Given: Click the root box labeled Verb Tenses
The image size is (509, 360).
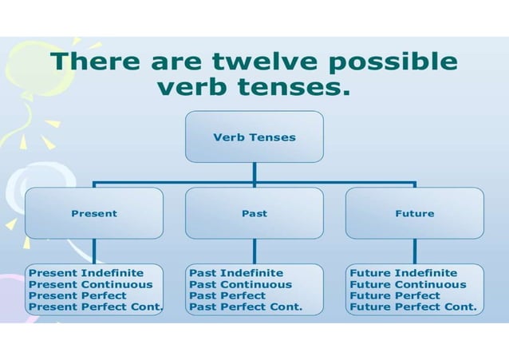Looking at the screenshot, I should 254,136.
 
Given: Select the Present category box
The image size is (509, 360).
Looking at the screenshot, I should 94,213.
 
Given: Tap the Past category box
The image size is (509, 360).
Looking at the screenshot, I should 254,213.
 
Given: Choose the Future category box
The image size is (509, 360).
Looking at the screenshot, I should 414,213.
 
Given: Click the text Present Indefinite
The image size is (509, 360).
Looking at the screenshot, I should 75,273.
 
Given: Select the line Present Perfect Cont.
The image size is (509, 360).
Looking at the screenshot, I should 95,307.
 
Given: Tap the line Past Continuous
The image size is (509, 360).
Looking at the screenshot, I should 240,284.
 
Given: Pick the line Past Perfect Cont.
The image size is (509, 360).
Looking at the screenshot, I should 246,307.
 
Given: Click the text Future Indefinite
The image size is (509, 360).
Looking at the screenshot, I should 404,273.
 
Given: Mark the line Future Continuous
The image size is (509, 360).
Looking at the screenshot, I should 408,284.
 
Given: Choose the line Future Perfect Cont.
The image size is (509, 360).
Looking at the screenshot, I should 413,307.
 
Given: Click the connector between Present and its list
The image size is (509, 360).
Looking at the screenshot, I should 94,251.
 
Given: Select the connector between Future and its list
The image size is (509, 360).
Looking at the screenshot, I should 414,251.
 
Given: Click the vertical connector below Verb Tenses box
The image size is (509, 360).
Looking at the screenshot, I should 254,172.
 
